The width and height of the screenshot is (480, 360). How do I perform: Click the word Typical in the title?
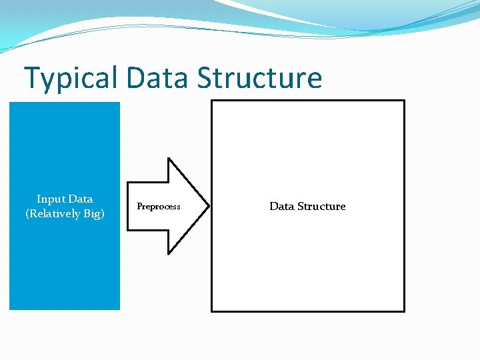[x=70, y=78]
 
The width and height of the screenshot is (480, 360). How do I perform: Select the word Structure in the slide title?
[x=259, y=78]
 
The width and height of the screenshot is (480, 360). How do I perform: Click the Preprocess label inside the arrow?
[x=159, y=207]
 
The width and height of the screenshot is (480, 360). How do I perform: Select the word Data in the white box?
[x=281, y=206]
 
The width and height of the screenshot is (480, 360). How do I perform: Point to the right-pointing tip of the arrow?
[x=209, y=206]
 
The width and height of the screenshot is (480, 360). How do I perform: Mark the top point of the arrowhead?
[x=168, y=159]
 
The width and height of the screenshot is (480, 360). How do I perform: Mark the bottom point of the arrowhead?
[x=168, y=254]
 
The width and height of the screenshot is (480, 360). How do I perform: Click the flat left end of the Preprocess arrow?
[x=127, y=206]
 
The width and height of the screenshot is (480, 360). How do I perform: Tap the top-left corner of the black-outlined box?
[x=212, y=101]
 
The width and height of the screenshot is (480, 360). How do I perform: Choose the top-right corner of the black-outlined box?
[x=404, y=101]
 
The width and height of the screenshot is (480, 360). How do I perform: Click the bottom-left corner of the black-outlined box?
[x=212, y=311]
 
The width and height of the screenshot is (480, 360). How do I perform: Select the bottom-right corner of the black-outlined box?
[x=404, y=311]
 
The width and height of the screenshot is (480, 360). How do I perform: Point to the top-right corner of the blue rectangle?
[x=119, y=103]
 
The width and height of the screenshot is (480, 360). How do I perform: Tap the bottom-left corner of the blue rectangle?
[x=9, y=309]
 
